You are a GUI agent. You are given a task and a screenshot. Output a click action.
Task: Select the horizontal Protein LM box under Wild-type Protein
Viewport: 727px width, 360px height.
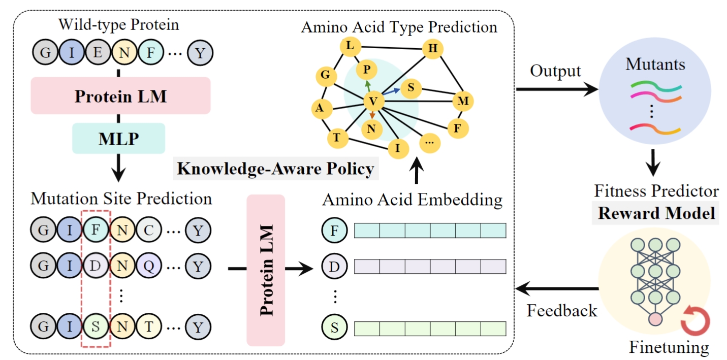point(120,95)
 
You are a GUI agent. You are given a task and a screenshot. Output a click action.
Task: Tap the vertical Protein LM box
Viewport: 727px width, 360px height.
point(265,270)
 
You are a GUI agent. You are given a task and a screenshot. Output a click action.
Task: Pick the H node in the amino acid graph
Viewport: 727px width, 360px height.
point(433,49)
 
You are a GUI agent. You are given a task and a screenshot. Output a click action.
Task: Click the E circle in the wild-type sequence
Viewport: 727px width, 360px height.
point(96,52)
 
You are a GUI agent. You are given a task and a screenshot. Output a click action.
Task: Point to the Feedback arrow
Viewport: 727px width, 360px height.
point(556,289)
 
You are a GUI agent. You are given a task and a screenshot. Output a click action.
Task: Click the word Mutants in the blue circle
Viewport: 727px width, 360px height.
point(655,65)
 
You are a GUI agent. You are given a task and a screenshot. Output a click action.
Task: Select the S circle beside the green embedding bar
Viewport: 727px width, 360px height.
point(334,327)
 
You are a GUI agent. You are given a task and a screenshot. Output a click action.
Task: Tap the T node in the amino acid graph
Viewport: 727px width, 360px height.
point(336,136)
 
